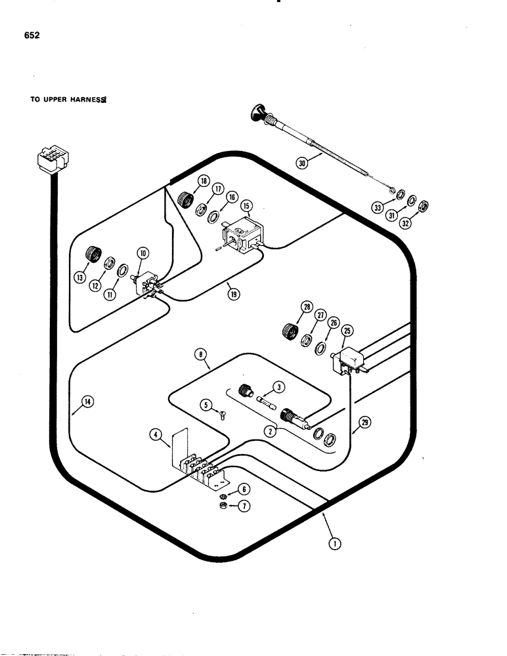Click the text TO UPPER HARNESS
click(x=68, y=101)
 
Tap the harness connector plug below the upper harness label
click(x=49, y=162)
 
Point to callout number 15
click(x=246, y=206)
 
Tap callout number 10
click(x=143, y=253)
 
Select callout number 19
click(x=234, y=295)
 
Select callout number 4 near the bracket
click(x=154, y=434)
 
